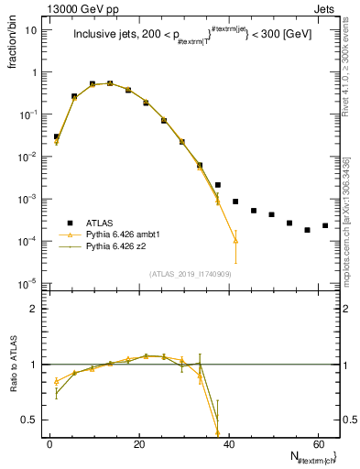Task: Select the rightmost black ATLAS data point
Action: pos(325,225)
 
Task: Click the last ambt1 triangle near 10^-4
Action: pos(235,240)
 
